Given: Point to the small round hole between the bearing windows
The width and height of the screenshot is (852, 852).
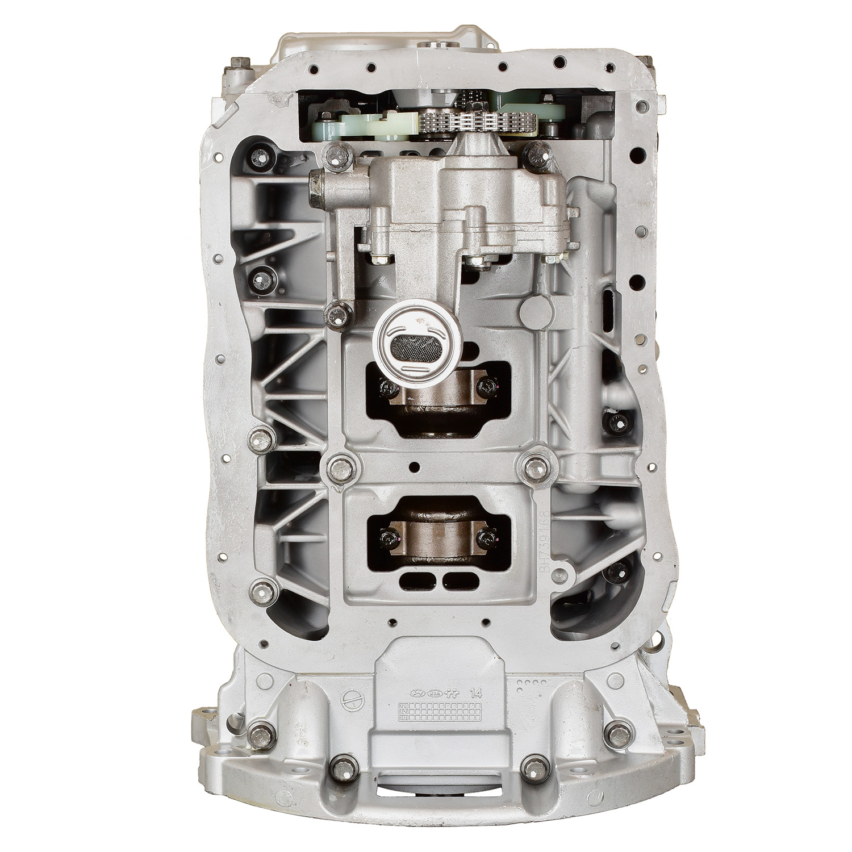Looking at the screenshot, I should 419,467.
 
